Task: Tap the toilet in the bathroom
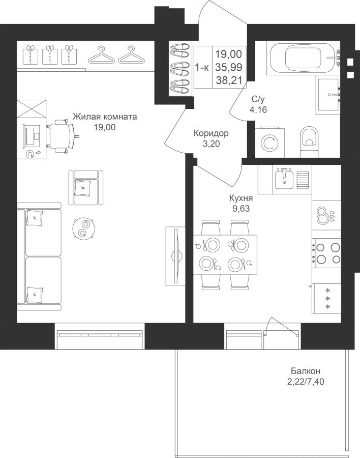(x=309, y=139)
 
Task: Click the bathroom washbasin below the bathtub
(x=328, y=96)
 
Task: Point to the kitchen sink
(x=284, y=178)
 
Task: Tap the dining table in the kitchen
(x=225, y=254)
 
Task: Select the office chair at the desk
(x=62, y=136)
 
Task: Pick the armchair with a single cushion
(x=86, y=188)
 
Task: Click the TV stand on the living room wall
(x=175, y=256)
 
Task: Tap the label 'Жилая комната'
(x=105, y=117)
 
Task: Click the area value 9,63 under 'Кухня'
(x=241, y=209)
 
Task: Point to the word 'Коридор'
(x=211, y=133)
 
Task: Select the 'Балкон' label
(x=306, y=371)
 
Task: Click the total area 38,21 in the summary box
(x=229, y=80)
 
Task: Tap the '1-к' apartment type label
(x=202, y=68)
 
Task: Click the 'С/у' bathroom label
(x=258, y=100)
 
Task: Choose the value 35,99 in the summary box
(x=229, y=68)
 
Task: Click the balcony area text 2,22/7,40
(x=306, y=382)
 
